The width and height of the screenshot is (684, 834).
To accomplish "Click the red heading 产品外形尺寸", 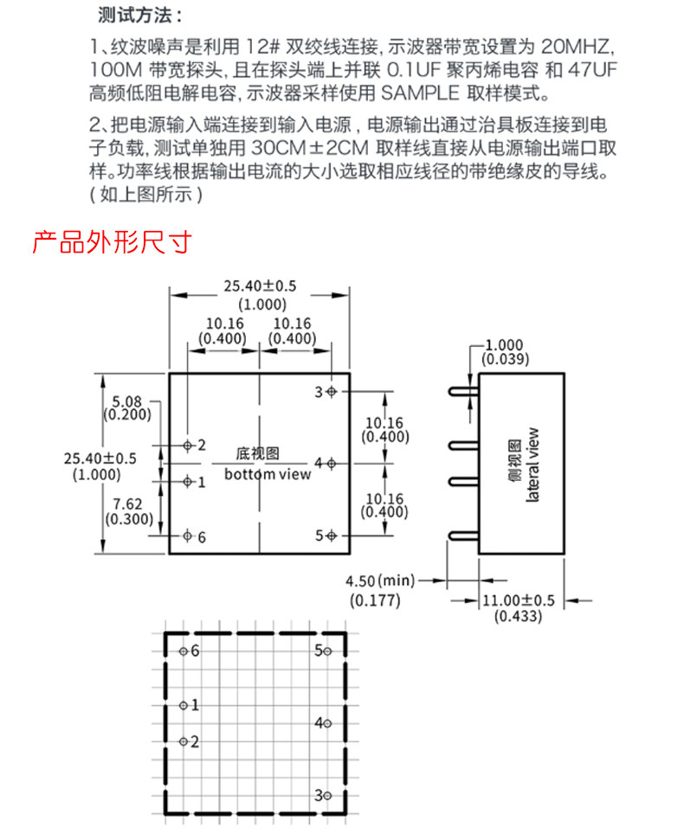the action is pyautogui.click(x=111, y=241).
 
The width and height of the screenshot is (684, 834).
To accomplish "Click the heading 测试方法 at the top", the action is pyautogui.click(x=148, y=16).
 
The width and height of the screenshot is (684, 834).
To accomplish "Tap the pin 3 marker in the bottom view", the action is pyautogui.click(x=332, y=392).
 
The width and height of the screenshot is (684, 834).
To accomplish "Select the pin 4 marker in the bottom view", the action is pyautogui.click(x=332, y=463).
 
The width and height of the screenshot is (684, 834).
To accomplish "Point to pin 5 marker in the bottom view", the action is pyautogui.click(x=332, y=536).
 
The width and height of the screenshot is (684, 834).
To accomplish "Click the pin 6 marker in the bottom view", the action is pyautogui.click(x=187, y=536).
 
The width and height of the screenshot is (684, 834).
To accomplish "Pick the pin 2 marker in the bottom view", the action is pyautogui.click(x=187, y=445).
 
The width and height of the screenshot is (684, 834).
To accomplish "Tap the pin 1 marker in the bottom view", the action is pyautogui.click(x=187, y=481).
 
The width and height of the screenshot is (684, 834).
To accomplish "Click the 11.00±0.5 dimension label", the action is pyautogui.click(x=518, y=600).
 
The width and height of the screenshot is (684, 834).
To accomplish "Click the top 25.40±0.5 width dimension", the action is pyautogui.click(x=260, y=285).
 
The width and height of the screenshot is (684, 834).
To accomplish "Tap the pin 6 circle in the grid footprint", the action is pyautogui.click(x=183, y=651).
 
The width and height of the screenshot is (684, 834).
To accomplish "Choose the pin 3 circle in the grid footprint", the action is pyautogui.click(x=327, y=795).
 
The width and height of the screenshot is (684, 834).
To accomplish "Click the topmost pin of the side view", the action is pyautogui.click(x=464, y=392).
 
